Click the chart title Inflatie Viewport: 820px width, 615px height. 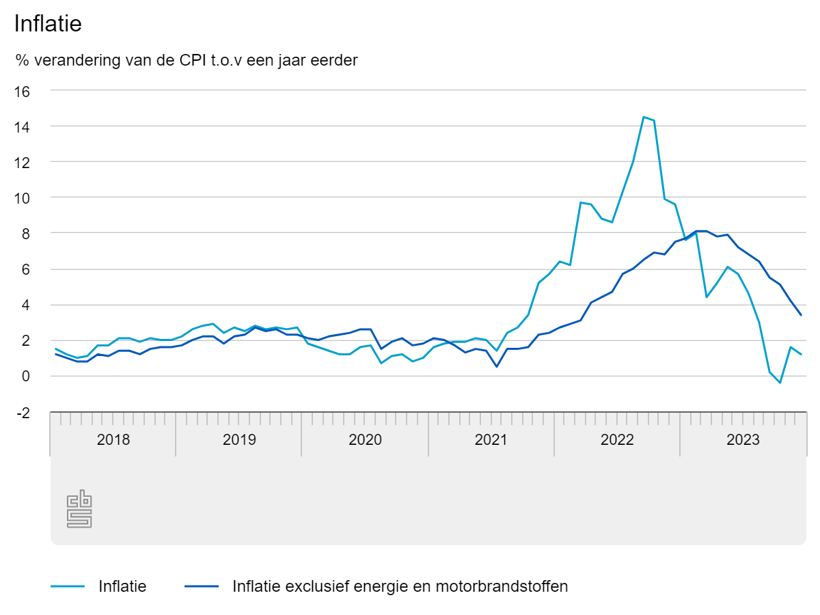click(48, 24)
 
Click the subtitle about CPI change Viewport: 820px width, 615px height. click(187, 60)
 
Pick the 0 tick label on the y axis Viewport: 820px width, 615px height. click(25, 376)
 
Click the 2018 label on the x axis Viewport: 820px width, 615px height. click(113, 439)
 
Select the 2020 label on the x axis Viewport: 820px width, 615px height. click(365, 439)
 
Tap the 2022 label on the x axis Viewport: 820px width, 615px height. click(617, 439)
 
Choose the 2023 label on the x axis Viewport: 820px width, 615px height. click(743, 439)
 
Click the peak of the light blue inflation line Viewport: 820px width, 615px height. click(644, 117)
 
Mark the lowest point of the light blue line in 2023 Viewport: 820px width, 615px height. click(780, 383)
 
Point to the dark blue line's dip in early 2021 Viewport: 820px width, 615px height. click(497, 366)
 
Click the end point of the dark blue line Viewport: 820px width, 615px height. click(801, 315)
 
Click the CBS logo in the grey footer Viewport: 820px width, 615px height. click(79, 509)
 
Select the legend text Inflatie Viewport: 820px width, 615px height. click(122, 586)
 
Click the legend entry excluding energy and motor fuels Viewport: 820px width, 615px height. click(400, 586)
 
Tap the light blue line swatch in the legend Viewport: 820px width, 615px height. click(68, 586)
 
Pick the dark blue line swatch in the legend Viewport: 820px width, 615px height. click(202, 586)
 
